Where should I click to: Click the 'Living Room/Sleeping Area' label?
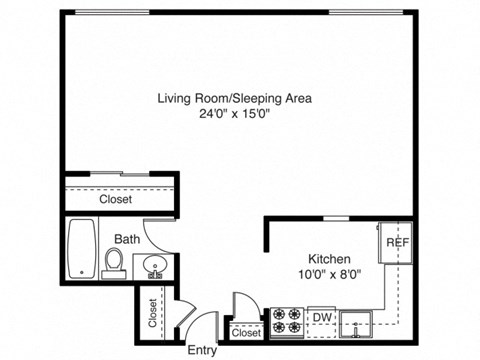tap(235, 98)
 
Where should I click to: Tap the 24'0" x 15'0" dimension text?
tap(235, 113)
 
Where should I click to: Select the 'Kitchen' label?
tap(328, 257)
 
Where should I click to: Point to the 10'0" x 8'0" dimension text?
tap(328, 272)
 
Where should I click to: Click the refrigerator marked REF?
tap(396, 243)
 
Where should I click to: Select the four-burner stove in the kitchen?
tap(288, 320)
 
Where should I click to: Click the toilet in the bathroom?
tap(113, 263)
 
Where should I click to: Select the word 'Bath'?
tap(126, 239)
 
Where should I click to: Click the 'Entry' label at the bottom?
tap(201, 350)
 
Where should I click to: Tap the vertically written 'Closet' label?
tap(152, 314)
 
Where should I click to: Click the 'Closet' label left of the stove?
tap(246, 333)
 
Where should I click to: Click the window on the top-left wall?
tap(110, 12)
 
